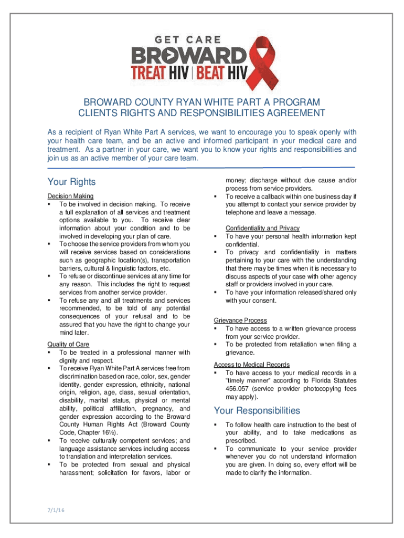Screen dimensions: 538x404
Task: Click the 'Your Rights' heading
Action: (72, 182)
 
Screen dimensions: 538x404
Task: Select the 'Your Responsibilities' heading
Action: (257, 410)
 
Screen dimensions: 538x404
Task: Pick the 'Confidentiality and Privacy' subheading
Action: (262, 228)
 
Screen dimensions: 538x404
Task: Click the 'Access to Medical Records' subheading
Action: (252, 365)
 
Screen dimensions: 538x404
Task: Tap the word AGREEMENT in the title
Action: (292, 113)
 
